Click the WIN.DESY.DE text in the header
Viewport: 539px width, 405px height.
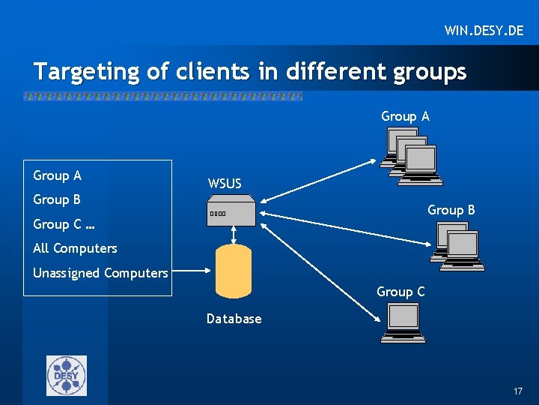[484, 31]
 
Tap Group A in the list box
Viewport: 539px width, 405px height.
[58, 175]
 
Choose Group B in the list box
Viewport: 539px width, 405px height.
[57, 199]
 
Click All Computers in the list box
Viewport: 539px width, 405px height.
[75, 248]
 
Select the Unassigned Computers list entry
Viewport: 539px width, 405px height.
[100, 273]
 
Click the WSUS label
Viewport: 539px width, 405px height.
[225, 184]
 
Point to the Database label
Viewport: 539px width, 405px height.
[234, 319]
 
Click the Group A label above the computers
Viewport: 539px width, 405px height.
[405, 116]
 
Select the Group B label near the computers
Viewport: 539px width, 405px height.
[451, 210]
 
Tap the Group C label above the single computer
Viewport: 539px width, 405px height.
[401, 292]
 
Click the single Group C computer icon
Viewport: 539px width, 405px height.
[403, 322]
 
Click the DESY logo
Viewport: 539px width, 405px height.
[67, 375]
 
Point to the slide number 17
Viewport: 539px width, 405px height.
[518, 392]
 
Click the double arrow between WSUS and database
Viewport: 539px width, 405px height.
[234, 235]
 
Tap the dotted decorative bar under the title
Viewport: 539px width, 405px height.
[162, 97]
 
